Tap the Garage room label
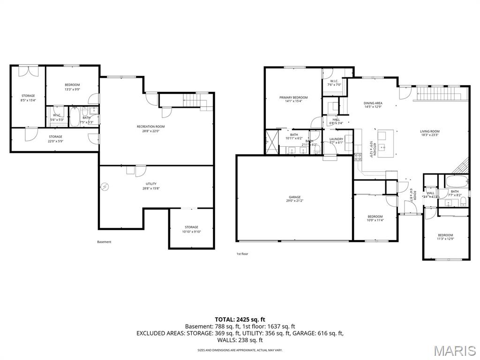295,199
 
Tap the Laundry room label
336,141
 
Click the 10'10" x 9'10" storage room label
191,229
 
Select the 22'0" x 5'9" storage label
55,139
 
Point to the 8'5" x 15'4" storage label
28,98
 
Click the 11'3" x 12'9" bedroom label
445,237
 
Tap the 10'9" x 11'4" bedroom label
375,218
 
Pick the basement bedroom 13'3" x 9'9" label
72,87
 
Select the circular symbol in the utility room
105,187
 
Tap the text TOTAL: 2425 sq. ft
240,319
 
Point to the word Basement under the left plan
104,242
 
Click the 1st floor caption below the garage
242,254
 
